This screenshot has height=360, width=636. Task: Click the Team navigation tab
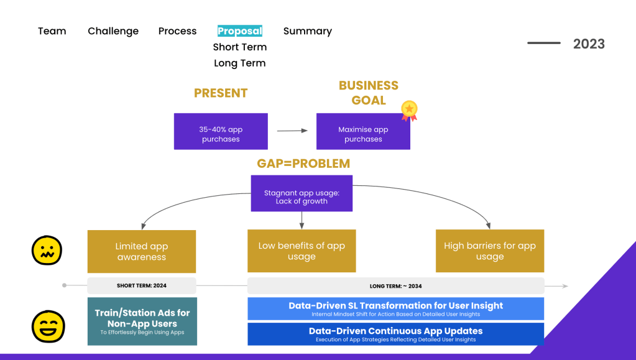pos(52,31)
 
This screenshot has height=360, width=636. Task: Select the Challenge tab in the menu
pos(113,31)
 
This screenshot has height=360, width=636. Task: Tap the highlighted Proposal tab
pos(240,31)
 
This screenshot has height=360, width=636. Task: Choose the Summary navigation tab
pos(308,31)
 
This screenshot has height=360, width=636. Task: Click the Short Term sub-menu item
pos(240,47)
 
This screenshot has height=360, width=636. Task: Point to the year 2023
pos(589,44)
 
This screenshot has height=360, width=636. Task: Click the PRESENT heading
pos(221,93)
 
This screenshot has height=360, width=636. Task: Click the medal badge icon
pos(409,110)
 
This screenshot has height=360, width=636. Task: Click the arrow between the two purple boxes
pos(292,131)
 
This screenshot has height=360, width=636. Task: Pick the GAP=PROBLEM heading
pos(303,164)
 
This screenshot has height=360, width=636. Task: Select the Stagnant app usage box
pos(302,193)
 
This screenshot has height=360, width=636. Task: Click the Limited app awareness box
pos(142,251)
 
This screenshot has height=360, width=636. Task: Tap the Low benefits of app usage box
pos(302,251)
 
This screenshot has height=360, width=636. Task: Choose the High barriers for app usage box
pos(490,251)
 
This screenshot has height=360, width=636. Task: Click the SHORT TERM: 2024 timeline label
pos(142,286)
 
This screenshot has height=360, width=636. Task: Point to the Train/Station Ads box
pos(142,321)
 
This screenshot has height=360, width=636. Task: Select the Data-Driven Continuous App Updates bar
pos(395,334)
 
